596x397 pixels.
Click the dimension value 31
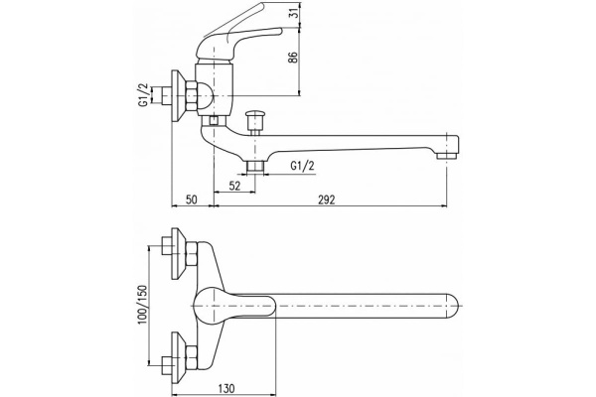pos(293,14)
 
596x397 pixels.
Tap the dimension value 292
pos(327,199)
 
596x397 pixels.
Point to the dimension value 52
pos(234,186)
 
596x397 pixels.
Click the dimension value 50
pos(192,199)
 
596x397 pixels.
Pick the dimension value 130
pos(226,388)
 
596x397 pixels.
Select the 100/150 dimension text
pos(142,304)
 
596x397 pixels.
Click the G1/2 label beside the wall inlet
pos(143,95)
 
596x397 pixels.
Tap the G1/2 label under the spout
pos(303,166)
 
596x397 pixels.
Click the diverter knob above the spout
pos(254,121)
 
